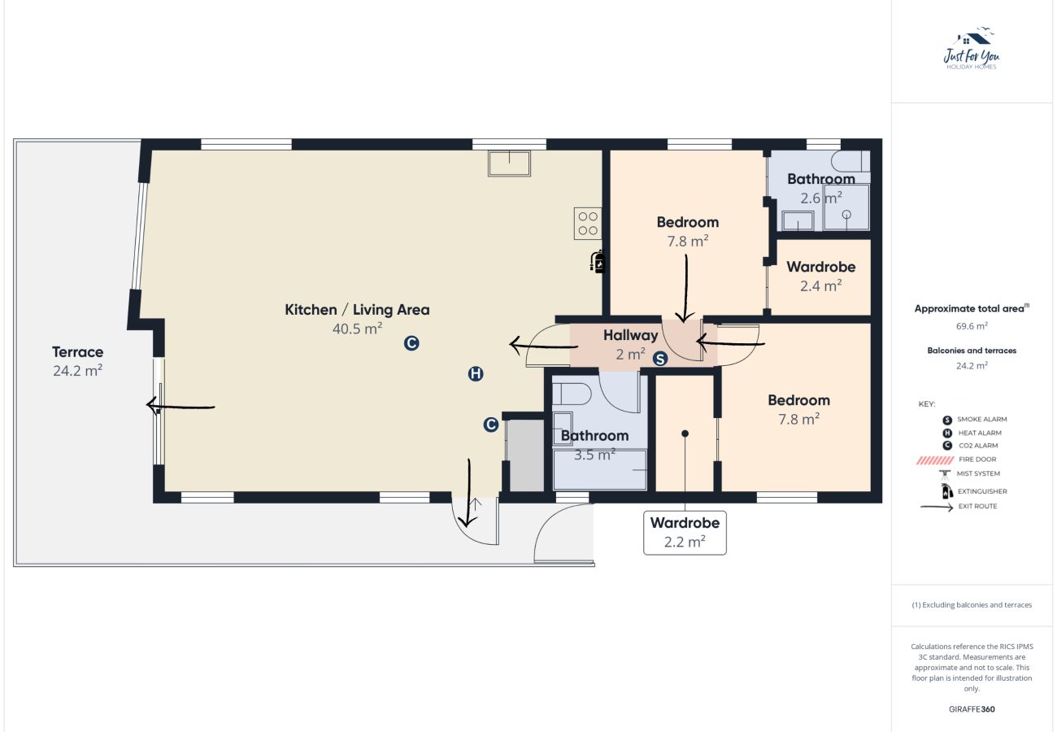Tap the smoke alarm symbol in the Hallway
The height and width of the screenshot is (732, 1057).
[x=660, y=358]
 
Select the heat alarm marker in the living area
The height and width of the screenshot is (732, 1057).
[x=476, y=374]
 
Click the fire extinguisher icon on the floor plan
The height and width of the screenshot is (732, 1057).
[x=598, y=261]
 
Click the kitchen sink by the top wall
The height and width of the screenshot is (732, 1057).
[x=509, y=163]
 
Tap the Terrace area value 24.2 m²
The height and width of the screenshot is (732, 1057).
[x=77, y=371]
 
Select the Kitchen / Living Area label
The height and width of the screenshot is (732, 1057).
[x=357, y=310]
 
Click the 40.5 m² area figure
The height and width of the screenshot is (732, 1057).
[x=357, y=329]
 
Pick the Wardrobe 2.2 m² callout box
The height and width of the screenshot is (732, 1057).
[x=685, y=532]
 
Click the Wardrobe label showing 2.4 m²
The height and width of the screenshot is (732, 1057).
[x=820, y=267]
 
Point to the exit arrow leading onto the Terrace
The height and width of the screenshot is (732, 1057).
[x=181, y=406]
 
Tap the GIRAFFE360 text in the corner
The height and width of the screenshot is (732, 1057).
[x=971, y=709]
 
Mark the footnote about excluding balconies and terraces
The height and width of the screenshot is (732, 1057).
[x=972, y=605]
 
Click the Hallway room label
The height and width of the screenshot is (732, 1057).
[x=630, y=335]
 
